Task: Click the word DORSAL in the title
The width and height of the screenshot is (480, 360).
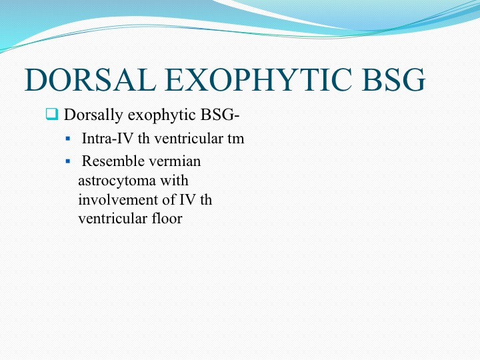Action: (x=90, y=80)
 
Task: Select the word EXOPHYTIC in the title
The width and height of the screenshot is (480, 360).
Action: (x=259, y=80)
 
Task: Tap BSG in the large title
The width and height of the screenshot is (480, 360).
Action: (x=394, y=80)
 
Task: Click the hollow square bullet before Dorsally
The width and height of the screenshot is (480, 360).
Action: (x=52, y=114)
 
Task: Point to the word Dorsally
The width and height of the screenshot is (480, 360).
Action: (x=93, y=115)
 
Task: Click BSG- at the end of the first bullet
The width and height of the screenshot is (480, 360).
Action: (x=220, y=115)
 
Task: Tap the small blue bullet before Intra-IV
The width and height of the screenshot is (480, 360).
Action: (x=68, y=139)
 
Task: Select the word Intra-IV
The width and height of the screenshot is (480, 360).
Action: (x=108, y=139)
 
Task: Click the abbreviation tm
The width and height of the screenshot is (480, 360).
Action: (x=236, y=139)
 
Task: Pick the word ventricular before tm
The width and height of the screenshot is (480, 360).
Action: (x=189, y=139)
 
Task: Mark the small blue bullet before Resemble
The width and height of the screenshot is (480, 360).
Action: (x=68, y=161)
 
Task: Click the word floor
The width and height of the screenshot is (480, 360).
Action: (x=167, y=219)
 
